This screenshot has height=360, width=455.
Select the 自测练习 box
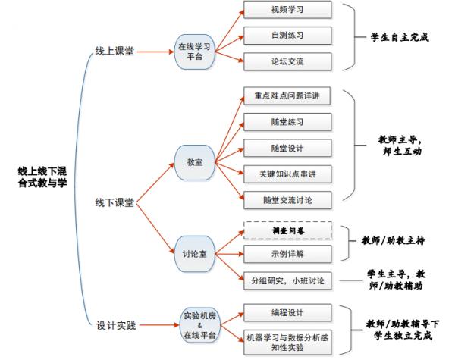point(287,36)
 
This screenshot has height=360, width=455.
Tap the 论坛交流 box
point(287,60)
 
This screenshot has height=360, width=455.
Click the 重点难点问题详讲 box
point(287,97)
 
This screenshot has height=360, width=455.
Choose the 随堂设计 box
point(287,148)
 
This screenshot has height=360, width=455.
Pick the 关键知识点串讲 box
point(287,174)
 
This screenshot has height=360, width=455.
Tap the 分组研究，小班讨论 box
point(287,281)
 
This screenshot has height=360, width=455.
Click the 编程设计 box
point(287,312)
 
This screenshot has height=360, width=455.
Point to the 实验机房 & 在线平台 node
point(199,324)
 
